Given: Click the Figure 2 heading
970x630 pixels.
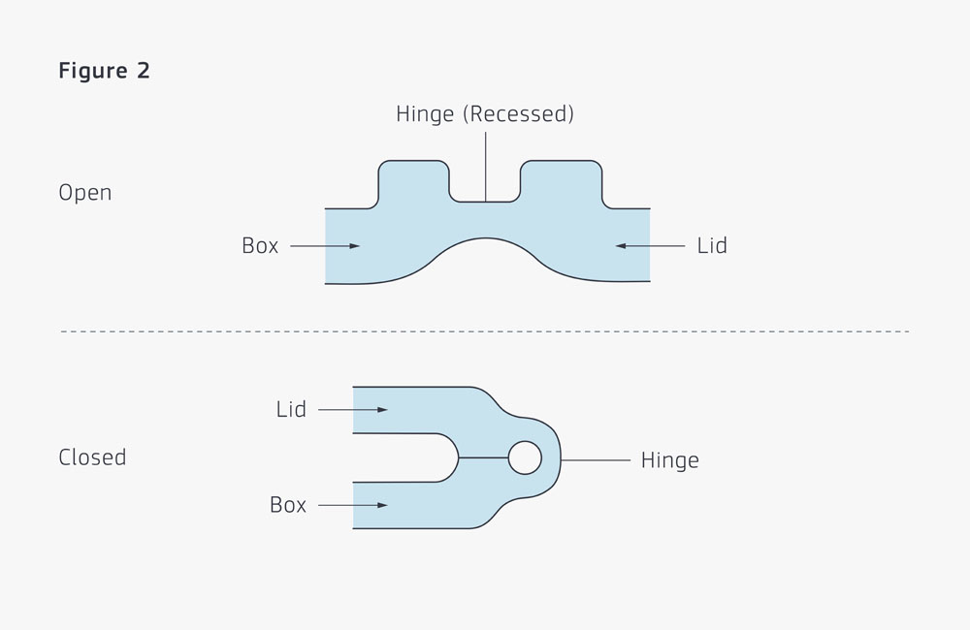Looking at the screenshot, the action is [x=104, y=71].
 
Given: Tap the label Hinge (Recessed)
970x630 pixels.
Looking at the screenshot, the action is [x=485, y=113].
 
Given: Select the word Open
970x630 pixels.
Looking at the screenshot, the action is [x=84, y=193].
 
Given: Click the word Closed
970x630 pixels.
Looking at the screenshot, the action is [x=92, y=457].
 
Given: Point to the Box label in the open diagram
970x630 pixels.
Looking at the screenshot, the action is [x=260, y=246].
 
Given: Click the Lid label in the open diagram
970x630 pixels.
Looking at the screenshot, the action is [x=712, y=246].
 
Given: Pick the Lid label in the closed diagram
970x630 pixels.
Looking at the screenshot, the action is [x=291, y=409].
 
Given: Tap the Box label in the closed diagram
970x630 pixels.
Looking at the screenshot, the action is [x=288, y=505].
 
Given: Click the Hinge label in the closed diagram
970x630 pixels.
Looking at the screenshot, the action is [x=670, y=460].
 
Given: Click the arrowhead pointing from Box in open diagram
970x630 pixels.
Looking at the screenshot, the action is [x=354, y=246].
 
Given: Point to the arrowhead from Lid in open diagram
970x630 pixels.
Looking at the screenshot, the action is [x=621, y=246].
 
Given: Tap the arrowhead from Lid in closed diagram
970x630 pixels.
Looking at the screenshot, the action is [x=382, y=409].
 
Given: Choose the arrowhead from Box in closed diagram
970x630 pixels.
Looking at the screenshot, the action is [x=382, y=505].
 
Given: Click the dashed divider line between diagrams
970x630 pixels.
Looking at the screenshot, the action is [x=485, y=331].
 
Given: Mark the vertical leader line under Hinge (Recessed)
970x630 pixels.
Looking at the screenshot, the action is [x=486, y=167].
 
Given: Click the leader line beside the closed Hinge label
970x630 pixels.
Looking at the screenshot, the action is [x=596, y=460].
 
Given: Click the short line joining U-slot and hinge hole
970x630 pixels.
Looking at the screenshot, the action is [x=483, y=457].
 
